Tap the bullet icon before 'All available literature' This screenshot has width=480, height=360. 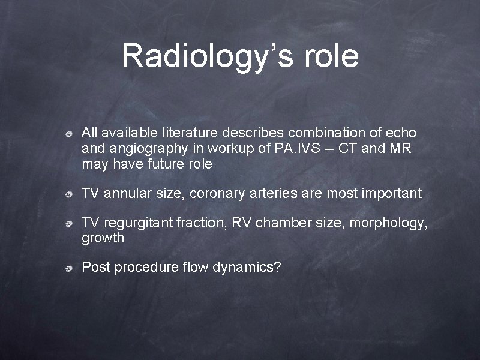tap(70, 133)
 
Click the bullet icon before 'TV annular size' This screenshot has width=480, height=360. tap(70, 194)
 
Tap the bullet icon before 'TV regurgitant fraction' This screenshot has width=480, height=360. tap(70, 224)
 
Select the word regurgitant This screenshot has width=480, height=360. tap(139, 223)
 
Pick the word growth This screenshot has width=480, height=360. tap(103, 238)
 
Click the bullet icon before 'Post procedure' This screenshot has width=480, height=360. tap(70, 268)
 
